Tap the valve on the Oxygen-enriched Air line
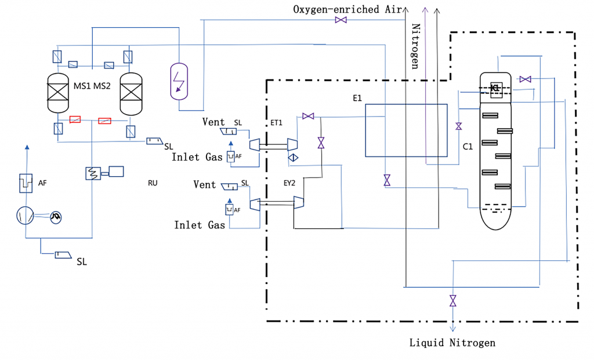[x=341, y=20]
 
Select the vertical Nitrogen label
[x=415, y=46]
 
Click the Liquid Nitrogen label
[x=452, y=343]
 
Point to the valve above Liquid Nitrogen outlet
[x=452, y=301]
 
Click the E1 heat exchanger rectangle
[x=406, y=130]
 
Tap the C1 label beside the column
[x=468, y=147]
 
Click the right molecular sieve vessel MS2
[x=130, y=93]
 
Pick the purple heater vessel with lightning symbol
[x=180, y=80]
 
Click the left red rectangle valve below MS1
[x=75, y=119]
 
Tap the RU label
[x=153, y=183]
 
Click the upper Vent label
[x=213, y=122]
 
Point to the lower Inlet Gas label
[x=200, y=224]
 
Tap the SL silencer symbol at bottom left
[x=64, y=256]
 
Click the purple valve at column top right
[x=526, y=79]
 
